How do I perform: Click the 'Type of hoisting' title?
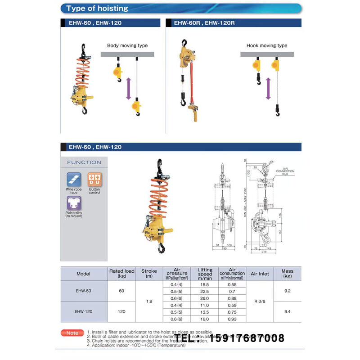(x=97, y=9)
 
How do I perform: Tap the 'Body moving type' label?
(x=127, y=45)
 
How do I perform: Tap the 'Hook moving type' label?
(x=267, y=45)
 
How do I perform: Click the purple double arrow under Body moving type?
(x=128, y=88)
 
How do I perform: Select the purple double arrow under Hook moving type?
(x=268, y=88)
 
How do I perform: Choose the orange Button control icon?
(x=94, y=180)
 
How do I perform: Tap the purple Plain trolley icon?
(x=74, y=203)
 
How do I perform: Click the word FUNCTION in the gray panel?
(x=84, y=162)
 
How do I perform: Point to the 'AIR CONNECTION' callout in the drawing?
(x=285, y=171)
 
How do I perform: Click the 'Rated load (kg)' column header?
(x=122, y=274)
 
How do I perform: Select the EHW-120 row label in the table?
(x=84, y=311)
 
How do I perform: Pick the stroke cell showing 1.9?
(x=149, y=301)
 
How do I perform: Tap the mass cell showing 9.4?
(x=288, y=311)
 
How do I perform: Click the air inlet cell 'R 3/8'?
(x=260, y=301)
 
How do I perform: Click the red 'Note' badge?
(x=72, y=333)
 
